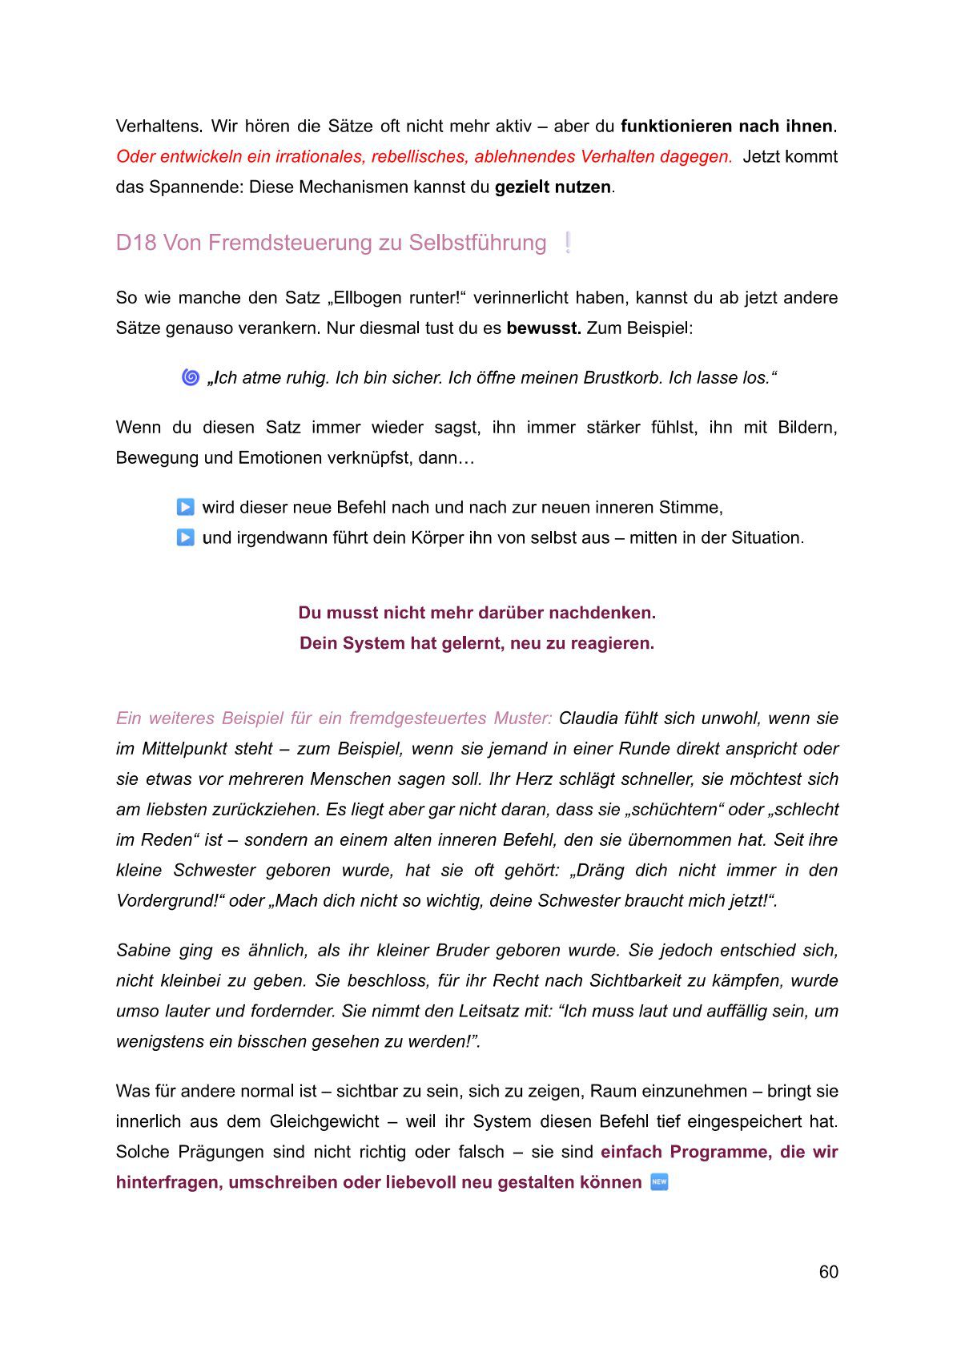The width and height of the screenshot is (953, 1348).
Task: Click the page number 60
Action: (x=828, y=1272)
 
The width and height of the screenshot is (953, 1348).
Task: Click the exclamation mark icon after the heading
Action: (x=568, y=243)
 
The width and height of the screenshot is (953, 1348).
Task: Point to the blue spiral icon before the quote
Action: (x=191, y=377)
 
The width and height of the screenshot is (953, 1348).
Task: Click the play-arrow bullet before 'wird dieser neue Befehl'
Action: (x=185, y=507)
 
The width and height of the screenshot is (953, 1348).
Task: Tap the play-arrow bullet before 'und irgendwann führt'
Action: (x=185, y=537)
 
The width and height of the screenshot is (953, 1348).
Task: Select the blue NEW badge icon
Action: (x=659, y=1182)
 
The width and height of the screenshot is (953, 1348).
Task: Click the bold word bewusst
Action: (x=543, y=328)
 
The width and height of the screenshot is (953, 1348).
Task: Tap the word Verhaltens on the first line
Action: (x=159, y=127)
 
